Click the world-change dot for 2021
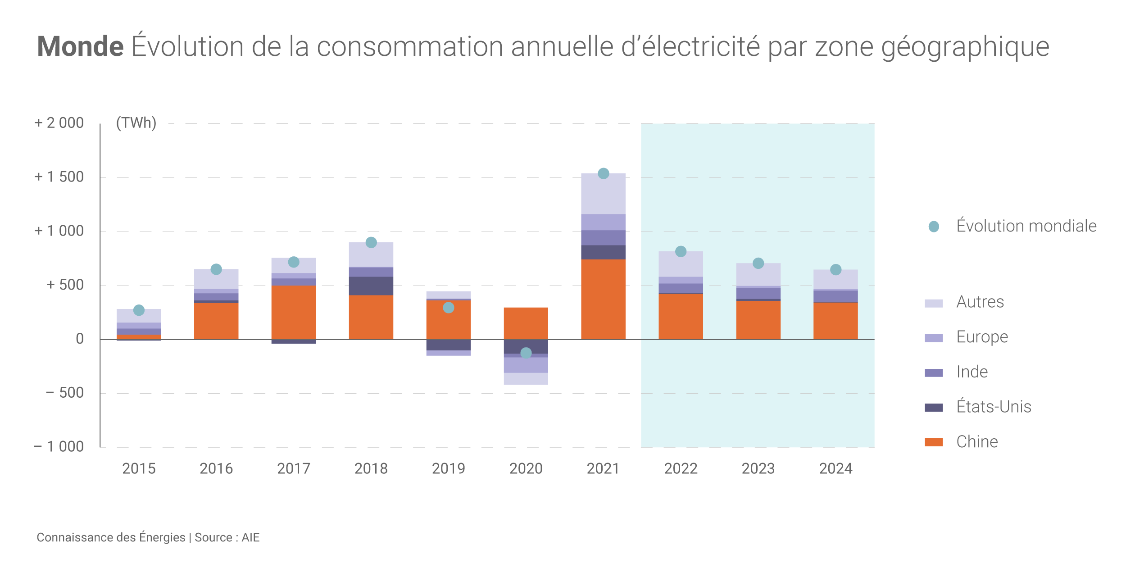(x=603, y=173)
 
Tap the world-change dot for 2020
(x=526, y=353)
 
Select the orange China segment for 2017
(x=293, y=312)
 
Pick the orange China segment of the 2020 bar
(x=526, y=323)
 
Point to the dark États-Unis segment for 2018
(x=371, y=286)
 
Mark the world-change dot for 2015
(x=139, y=310)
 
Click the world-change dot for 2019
(x=448, y=308)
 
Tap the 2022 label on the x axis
(x=681, y=468)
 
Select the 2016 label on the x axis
(x=216, y=468)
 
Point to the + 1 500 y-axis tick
(x=59, y=177)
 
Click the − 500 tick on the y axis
(x=64, y=393)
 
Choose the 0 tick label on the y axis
(x=80, y=339)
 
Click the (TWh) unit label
(x=136, y=123)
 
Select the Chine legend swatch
(x=933, y=442)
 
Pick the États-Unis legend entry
(x=994, y=407)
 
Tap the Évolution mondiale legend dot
(x=934, y=227)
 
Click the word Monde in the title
(x=80, y=46)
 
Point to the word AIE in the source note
(x=250, y=537)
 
